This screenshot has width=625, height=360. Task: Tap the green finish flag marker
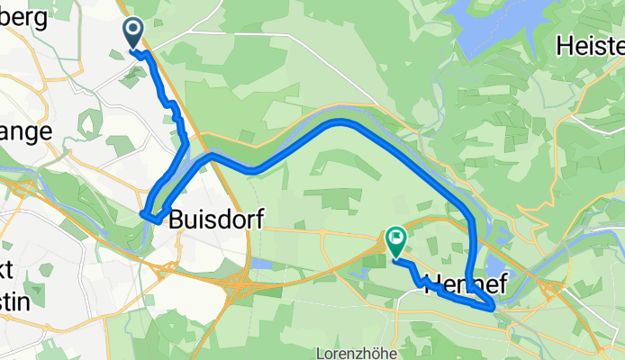[x=395, y=239]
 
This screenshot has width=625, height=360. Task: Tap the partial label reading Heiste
[x=591, y=44]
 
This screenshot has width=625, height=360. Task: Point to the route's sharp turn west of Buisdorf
[x=145, y=213]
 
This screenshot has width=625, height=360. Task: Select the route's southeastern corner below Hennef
[x=492, y=308]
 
